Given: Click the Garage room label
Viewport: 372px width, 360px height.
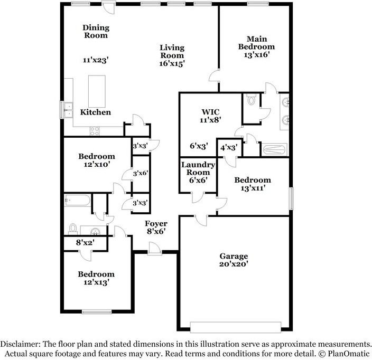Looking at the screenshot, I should pos(234,256).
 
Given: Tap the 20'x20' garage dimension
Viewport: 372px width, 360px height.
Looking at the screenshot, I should pos(234,264).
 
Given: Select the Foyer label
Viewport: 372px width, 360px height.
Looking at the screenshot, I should pos(156,224).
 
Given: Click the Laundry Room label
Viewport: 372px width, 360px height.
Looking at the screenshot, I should pos(198,168).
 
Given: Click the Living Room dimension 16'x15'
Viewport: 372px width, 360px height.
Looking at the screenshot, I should pos(172,63).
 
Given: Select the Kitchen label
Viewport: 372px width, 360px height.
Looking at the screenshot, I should pos(95,112).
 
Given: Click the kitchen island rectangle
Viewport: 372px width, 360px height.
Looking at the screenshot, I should pos(96,91).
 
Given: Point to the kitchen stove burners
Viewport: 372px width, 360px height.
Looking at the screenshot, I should pos(95,130).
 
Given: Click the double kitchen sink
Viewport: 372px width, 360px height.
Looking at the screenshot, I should pos(68,110).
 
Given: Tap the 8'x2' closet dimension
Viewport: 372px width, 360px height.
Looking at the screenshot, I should pos(84,244).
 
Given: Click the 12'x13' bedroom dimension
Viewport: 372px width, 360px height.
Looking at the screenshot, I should pos(96,282).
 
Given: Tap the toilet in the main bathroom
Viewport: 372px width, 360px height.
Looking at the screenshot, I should pos(252,100).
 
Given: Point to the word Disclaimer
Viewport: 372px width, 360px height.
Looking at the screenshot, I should pos(25,344).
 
